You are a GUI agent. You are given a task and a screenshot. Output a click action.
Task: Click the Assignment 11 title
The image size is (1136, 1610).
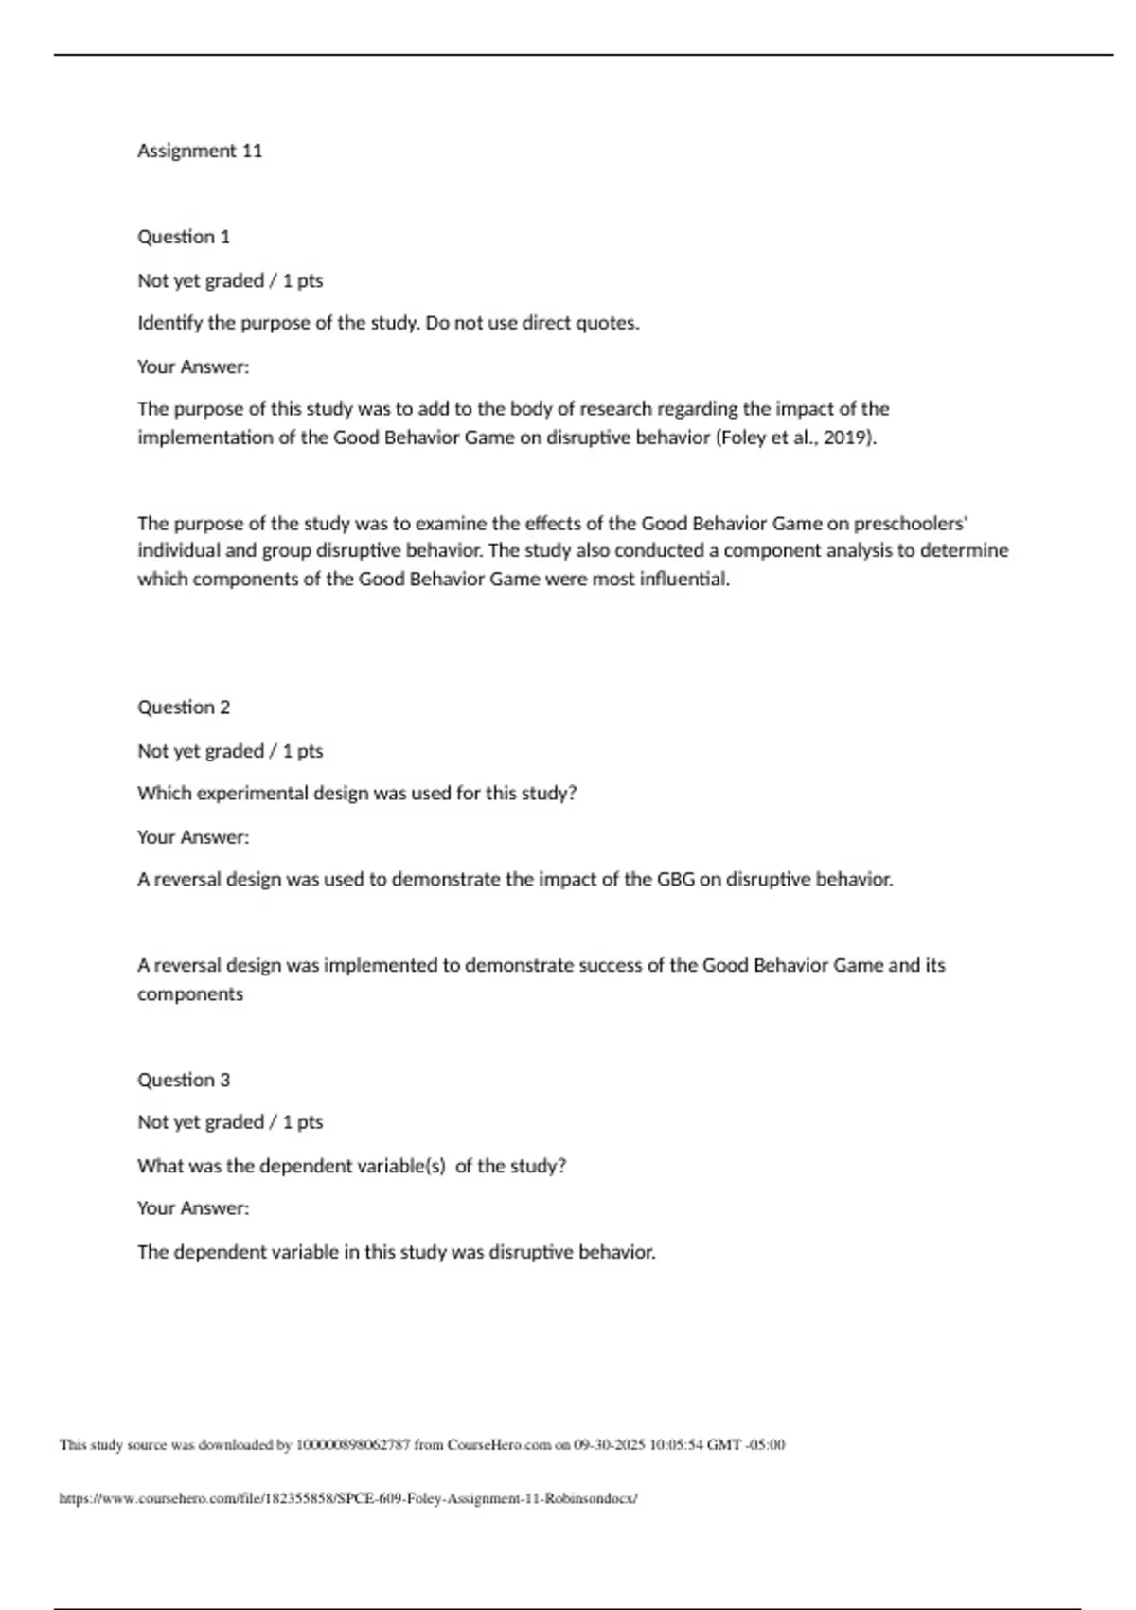pos(200,151)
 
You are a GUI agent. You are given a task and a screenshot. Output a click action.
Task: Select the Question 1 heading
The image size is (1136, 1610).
pos(184,237)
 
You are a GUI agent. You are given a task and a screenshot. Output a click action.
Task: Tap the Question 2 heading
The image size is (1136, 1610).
pos(184,707)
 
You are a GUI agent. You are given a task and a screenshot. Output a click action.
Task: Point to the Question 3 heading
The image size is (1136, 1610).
pos(184,1080)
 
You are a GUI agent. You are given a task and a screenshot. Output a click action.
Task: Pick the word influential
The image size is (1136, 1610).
pos(684,580)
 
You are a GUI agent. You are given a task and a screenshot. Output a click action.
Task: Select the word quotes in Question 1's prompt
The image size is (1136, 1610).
pos(608,323)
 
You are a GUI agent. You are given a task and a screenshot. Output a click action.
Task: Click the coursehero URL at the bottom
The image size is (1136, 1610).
pos(348,1499)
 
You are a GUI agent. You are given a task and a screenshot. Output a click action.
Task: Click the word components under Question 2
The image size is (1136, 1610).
pos(190,994)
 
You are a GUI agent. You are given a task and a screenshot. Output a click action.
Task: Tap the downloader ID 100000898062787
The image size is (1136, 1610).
pos(353,1445)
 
